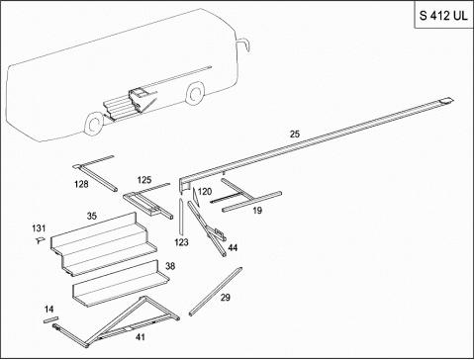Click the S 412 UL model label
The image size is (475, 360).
(443, 16)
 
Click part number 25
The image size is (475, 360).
(295, 135)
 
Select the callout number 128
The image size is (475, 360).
(81, 184)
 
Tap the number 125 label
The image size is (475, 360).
(144, 180)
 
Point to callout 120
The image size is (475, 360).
(205, 192)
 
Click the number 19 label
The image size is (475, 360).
(257, 210)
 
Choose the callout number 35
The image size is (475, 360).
(92, 216)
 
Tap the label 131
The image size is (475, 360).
(39, 228)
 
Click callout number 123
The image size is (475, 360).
(181, 242)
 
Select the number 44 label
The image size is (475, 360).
(233, 247)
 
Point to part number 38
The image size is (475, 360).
(170, 266)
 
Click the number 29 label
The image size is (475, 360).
(226, 298)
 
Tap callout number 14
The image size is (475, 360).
(48, 310)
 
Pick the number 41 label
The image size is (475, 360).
(141, 337)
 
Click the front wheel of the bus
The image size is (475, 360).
(195, 94)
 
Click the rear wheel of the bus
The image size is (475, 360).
(94, 124)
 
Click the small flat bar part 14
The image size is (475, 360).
(50, 319)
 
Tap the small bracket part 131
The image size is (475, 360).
(40, 240)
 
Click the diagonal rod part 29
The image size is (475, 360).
(216, 291)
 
